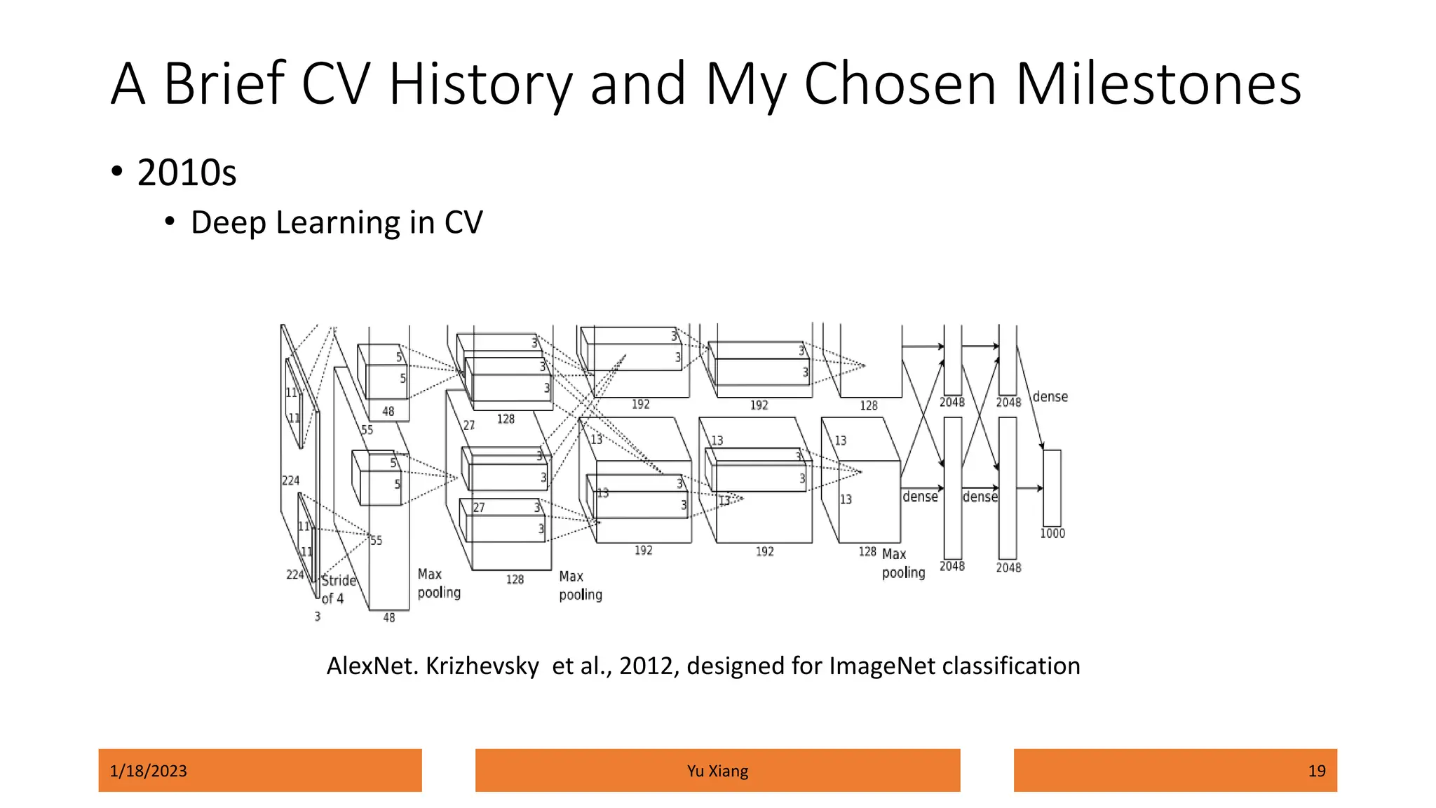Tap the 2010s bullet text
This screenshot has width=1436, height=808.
pos(187,173)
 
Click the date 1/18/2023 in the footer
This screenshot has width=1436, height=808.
pos(149,771)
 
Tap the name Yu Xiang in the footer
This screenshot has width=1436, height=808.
pos(717,771)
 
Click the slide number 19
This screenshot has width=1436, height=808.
pos(1316,771)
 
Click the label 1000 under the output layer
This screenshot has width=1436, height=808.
pos(1052,534)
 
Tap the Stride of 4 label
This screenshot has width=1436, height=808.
pos(338,589)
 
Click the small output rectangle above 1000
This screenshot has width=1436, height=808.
pos(1052,488)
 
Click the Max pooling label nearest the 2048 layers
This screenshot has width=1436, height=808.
pos(902,563)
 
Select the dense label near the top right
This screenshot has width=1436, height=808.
pos(1050,397)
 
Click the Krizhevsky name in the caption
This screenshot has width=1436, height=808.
pos(482,666)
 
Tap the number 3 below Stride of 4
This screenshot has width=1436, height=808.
pos(318,617)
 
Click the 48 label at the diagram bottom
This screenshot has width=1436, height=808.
pos(389,618)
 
